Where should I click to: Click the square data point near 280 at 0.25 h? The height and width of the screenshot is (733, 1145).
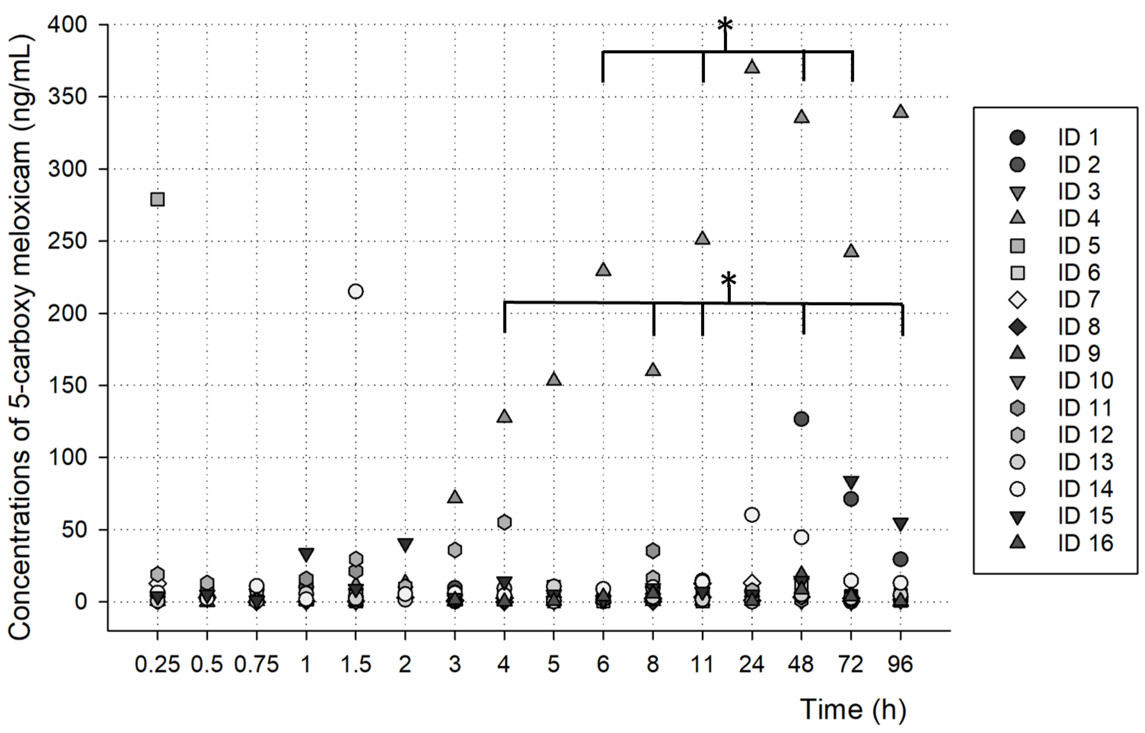[158, 199]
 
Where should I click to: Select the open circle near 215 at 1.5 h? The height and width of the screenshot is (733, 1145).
[355, 291]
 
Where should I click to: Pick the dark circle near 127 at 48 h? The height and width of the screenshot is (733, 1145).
[801, 419]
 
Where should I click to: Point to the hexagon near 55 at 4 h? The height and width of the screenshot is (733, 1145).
[505, 522]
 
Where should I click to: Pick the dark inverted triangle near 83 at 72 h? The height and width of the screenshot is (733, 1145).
[851, 483]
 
